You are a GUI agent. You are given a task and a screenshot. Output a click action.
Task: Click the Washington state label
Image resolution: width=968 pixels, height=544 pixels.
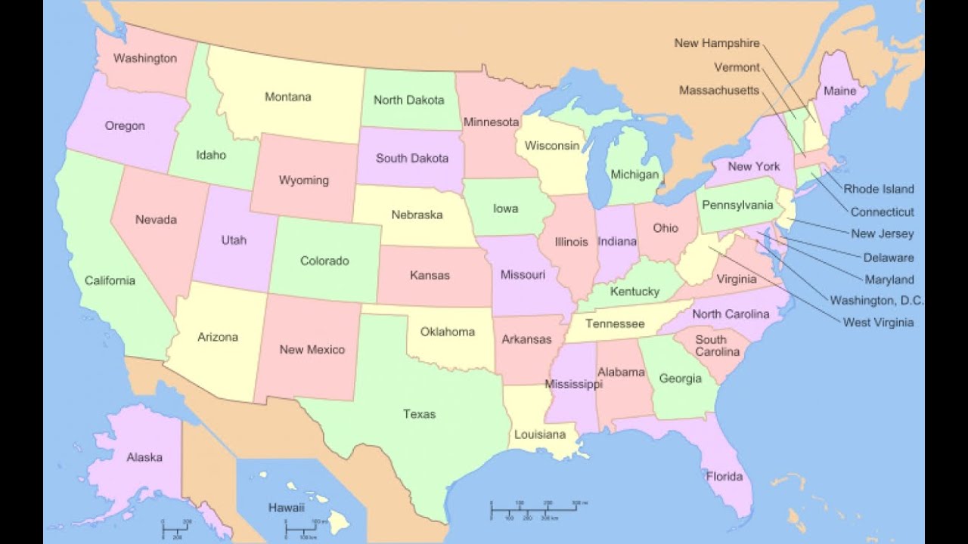pyautogui.click(x=145, y=58)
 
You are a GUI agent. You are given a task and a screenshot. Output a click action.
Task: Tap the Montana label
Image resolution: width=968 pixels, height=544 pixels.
pyautogui.click(x=287, y=97)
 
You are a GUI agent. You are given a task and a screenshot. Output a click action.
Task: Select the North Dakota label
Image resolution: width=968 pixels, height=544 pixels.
pyautogui.click(x=408, y=100)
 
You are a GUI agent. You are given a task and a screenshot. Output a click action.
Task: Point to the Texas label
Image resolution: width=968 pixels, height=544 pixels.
pyautogui.click(x=419, y=414)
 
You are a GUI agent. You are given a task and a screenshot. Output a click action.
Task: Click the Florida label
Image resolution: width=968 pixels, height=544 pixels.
pyautogui.click(x=724, y=477)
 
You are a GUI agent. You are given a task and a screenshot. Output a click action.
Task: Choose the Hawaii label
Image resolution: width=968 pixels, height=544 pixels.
pyautogui.click(x=286, y=508)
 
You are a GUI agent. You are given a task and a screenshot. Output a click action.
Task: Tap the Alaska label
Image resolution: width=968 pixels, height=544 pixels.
pyautogui.click(x=144, y=457)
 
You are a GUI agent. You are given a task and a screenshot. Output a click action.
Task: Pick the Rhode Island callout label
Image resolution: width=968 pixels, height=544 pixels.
pyautogui.click(x=878, y=189)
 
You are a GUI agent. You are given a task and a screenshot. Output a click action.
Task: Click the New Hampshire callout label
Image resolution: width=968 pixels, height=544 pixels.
pyautogui.click(x=716, y=43)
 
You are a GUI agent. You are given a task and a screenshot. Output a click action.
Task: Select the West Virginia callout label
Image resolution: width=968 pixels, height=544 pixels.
pyautogui.click(x=878, y=323)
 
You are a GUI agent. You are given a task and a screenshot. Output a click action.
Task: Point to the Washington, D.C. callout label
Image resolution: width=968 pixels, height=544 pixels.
pyautogui.click(x=876, y=301)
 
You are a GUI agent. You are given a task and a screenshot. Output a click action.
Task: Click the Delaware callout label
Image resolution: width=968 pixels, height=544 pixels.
pyautogui.click(x=888, y=258)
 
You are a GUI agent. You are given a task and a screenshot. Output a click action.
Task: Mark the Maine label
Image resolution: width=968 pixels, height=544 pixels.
pyautogui.click(x=839, y=91)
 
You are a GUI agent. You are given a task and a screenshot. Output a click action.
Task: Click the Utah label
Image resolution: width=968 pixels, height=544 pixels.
pyautogui.click(x=234, y=240)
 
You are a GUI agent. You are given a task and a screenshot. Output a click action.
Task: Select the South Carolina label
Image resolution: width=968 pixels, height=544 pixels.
pyautogui.click(x=717, y=346)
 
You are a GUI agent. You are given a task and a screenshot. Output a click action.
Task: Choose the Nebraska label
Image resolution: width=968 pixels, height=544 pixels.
pyautogui.click(x=417, y=215)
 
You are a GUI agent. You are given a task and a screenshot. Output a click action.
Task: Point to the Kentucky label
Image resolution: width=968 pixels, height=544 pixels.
pyautogui.click(x=634, y=292)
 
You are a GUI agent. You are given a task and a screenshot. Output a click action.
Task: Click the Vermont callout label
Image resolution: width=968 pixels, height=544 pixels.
pyautogui.click(x=737, y=67)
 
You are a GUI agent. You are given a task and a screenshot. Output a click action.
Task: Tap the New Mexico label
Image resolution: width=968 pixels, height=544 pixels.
pyautogui.click(x=312, y=350)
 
